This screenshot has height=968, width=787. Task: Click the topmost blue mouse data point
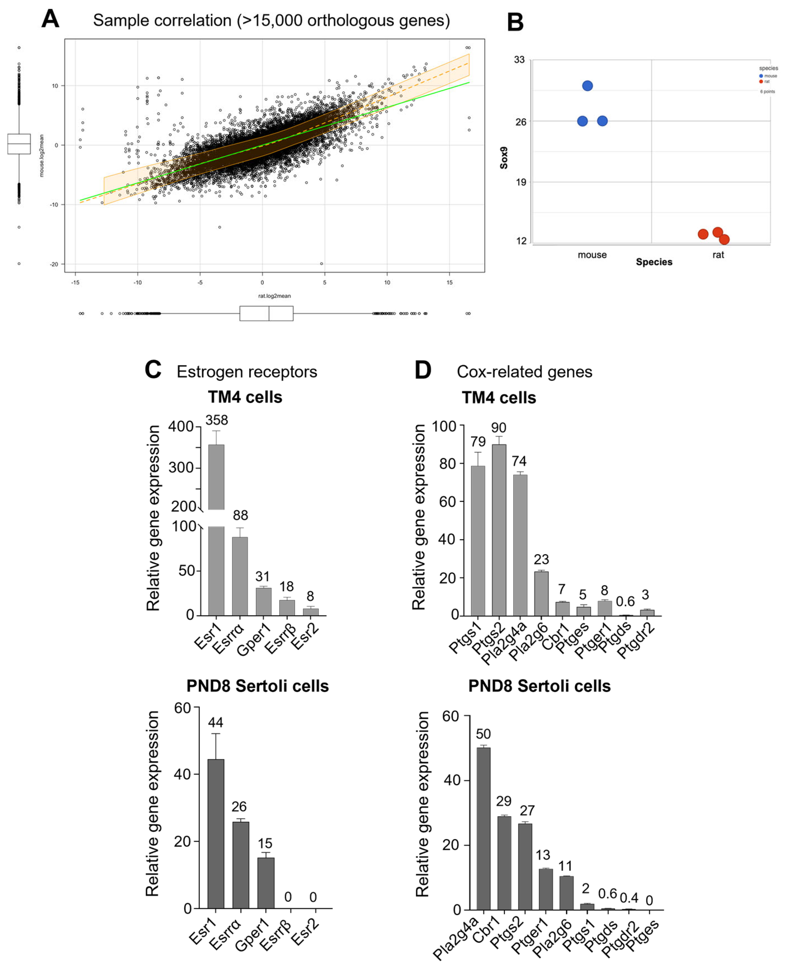click(x=587, y=86)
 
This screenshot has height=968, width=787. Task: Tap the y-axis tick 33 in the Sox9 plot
click(x=519, y=60)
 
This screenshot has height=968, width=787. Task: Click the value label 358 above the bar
click(x=217, y=420)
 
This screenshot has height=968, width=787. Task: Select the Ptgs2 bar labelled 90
click(x=499, y=530)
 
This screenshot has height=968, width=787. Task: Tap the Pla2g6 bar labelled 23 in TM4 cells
click(x=541, y=594)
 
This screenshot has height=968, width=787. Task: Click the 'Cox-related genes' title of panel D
click(x=524, y=372)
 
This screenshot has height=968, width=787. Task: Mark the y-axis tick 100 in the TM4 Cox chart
click(x=444, y=427)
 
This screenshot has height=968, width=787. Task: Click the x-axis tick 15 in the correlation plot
click(x=449, y=282)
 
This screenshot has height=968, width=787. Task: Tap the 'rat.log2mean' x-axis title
click(x=274, y=296)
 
